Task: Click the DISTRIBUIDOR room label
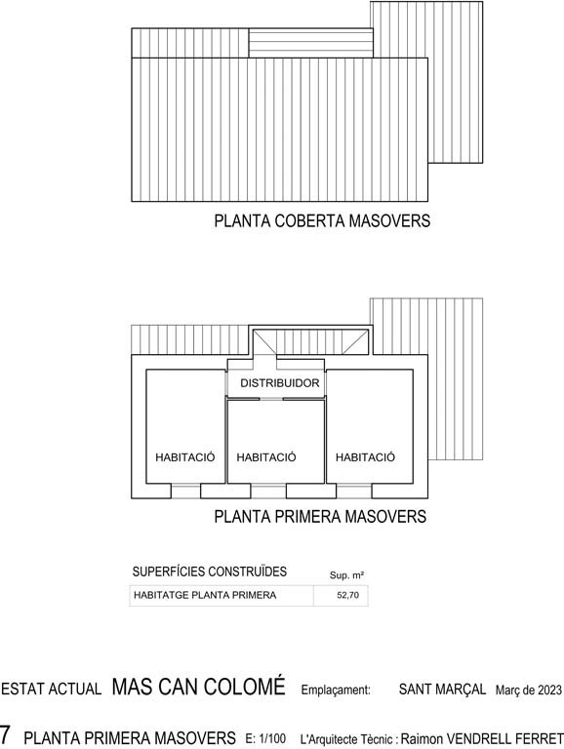click(x=280, y=383)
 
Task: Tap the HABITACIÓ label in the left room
click(x=185, y=457)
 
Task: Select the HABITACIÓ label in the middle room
click(x=266, y=457)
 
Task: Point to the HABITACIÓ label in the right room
click(x=365, y=457)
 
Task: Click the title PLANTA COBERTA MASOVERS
click(x=322, y=220)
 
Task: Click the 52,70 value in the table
click(x=348, y=595)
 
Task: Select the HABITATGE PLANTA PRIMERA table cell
click(x=205, y=595)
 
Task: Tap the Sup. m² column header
click(x=346, y=575)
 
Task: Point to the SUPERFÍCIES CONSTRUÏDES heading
click(x=210, y=572)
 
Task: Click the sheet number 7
click(x=5, y=733)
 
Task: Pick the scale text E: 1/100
click(x=265, y=738)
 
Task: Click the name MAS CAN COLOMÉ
click(x=198, y=686)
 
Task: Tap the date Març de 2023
click(x=529, y=690)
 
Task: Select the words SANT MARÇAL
click(x=442, y=689)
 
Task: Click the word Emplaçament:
click(x=336, y=690)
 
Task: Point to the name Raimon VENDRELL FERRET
click(x=482, y=738)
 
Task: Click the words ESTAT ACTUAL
click(x=51, y=689)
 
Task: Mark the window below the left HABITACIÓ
click(x=185, y=492)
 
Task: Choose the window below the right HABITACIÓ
click(x=354, y=492)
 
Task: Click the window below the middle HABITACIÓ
click(x=268, y=492)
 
